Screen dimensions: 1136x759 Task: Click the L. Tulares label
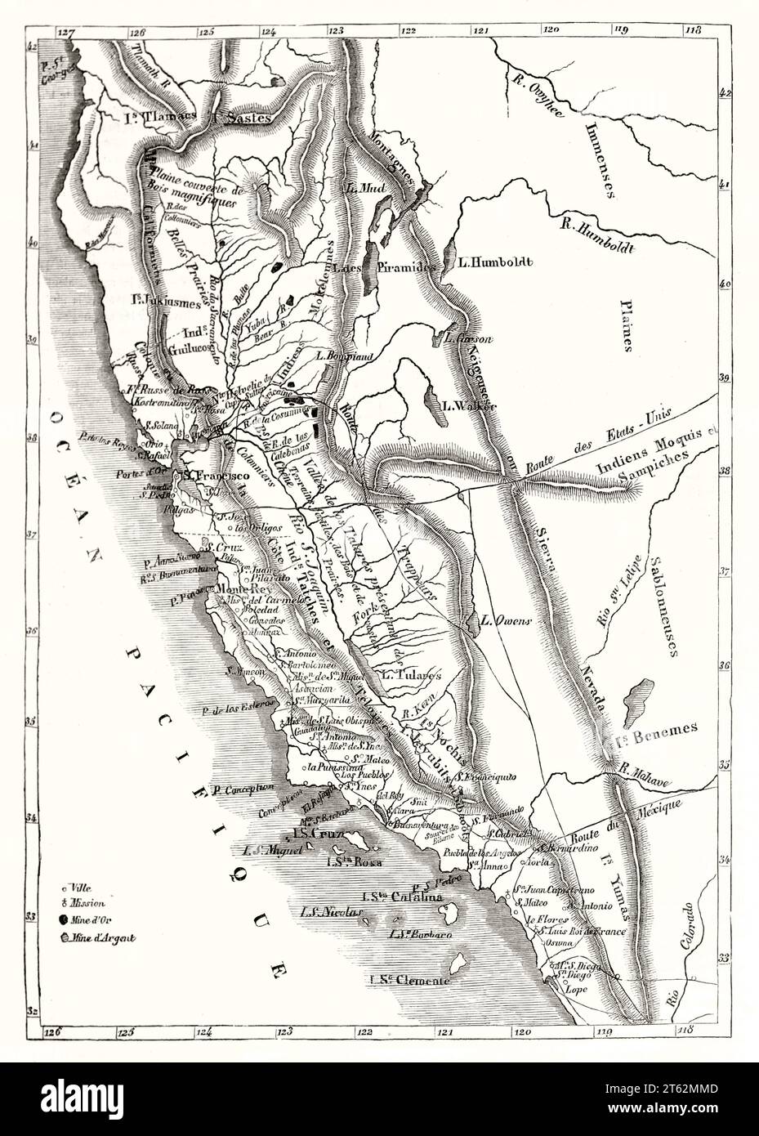[x=411, y=675]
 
